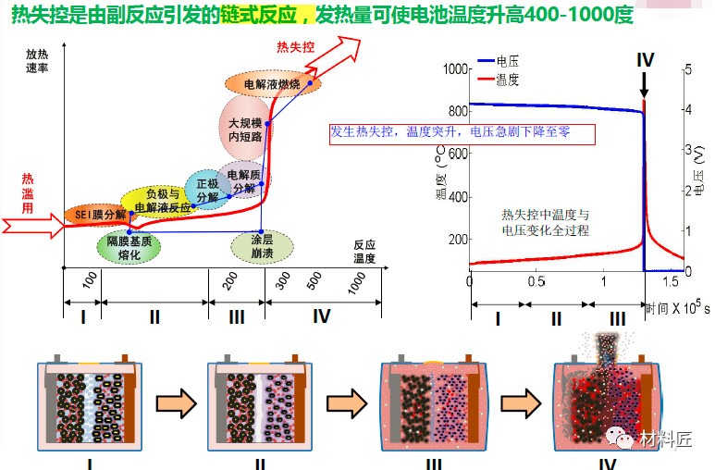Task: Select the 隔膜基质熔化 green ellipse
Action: point(129,247)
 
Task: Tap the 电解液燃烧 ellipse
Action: point(271,84)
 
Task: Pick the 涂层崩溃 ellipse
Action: point(262,246)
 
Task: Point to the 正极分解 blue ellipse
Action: point(207,189)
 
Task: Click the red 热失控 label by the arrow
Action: point(294,48)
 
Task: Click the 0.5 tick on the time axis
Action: point(536,281)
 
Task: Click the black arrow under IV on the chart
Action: point(645,85)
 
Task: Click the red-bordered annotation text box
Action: point(461,133)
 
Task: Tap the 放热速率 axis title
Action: point(37,64)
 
